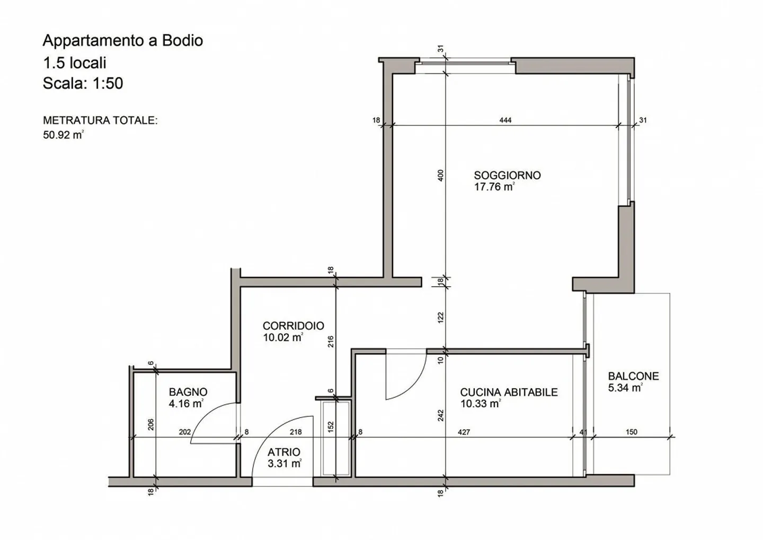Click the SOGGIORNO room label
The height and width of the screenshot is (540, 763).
tap(507, 175)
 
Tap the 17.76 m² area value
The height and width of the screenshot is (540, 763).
tap(494, 187)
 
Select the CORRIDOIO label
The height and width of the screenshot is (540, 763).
tap(293, 326)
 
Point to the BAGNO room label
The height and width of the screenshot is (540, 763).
tap(188, 392)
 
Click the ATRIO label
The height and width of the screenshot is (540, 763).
tap(283, 452)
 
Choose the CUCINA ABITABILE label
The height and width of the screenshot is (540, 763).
tap(508, 392)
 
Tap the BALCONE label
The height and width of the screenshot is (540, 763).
tap(633, 376)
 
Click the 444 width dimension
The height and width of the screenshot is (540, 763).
tap(505, 120)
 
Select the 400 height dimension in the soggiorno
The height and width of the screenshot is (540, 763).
tap(440, 175)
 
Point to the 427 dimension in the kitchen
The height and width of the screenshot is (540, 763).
tap(464, 432)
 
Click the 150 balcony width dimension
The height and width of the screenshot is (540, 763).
tap(631, 432)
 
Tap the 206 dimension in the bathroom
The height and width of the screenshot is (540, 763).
tap(150, 424)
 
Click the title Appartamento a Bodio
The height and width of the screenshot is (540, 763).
tap(122, 41)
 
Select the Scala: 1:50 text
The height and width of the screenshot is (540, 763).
tap(83, 83)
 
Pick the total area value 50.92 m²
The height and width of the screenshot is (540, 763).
tap(63, 135)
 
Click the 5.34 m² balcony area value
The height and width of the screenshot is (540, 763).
tap(625, 388)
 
